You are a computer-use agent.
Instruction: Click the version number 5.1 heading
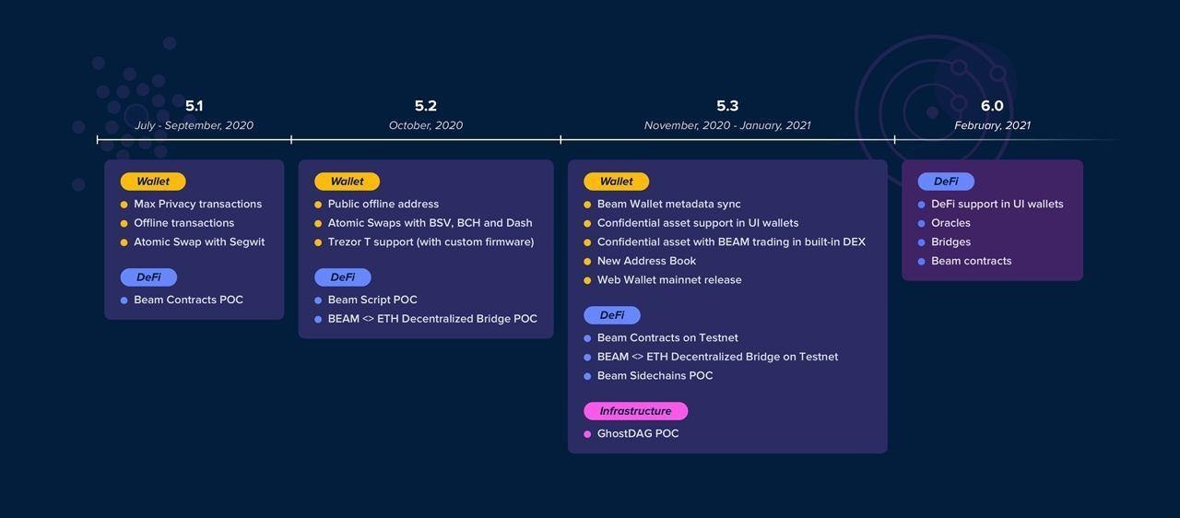tap(194, 106)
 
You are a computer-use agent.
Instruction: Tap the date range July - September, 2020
tap(194, 125)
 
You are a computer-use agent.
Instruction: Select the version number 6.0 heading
tap(992, 106)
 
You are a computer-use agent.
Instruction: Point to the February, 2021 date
tap(992, 125)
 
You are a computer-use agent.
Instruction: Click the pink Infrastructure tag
tap(635, 410)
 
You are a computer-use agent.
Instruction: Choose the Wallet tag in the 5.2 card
tap(347, 181)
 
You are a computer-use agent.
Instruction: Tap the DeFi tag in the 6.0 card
tap(946, 181)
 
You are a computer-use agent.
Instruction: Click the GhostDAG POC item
tap(637, 433)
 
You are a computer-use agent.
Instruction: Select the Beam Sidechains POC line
tap(655, 375)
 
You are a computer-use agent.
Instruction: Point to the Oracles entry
tap(950, 223)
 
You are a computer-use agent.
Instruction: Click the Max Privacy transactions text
tap(197, 204)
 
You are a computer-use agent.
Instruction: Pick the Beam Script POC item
tap(372, 300)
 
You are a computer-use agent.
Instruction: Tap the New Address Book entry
tap(646, 261)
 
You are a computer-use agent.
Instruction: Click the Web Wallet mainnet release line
tap(669, 279)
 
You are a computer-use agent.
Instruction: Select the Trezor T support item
tap(431, 241)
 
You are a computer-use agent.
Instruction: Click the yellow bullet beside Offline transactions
tap(124, 223)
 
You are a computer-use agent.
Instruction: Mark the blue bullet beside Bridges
tap(921, 242)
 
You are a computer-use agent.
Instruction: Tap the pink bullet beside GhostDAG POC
tap(587, 434)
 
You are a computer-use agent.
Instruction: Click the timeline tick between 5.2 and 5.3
tap(560, 139)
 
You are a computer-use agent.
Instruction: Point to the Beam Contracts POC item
tap(188, 300)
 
